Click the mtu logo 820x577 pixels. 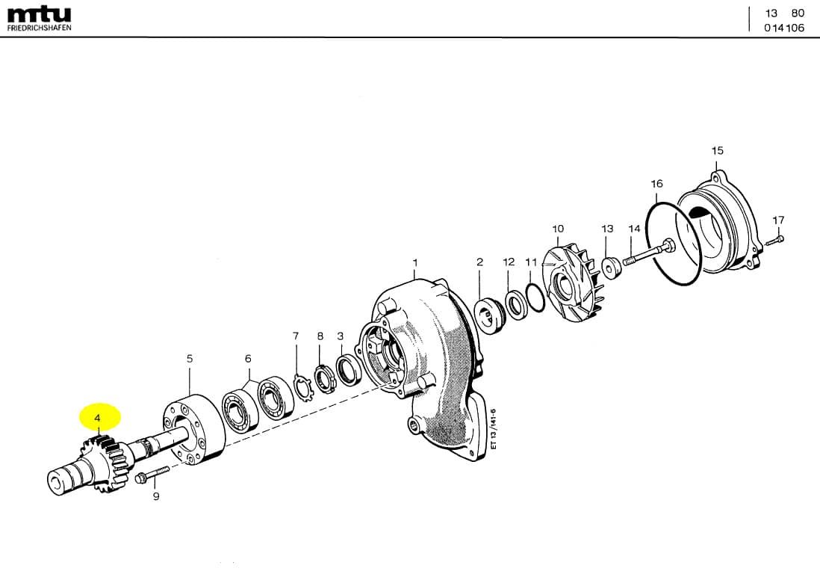[x=40, y=15]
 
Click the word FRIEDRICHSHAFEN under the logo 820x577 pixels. [x=40, y=27]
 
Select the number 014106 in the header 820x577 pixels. [x=784, y=28]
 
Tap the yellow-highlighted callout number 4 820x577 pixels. [x=97, y=419]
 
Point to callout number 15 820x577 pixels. [x=718, y=151]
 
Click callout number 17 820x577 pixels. [x=778, y=220]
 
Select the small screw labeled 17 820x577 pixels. [x=775, y=241]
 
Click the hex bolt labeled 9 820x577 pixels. [x=152, y=475]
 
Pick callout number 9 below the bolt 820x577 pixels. [x=156, y=496]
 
